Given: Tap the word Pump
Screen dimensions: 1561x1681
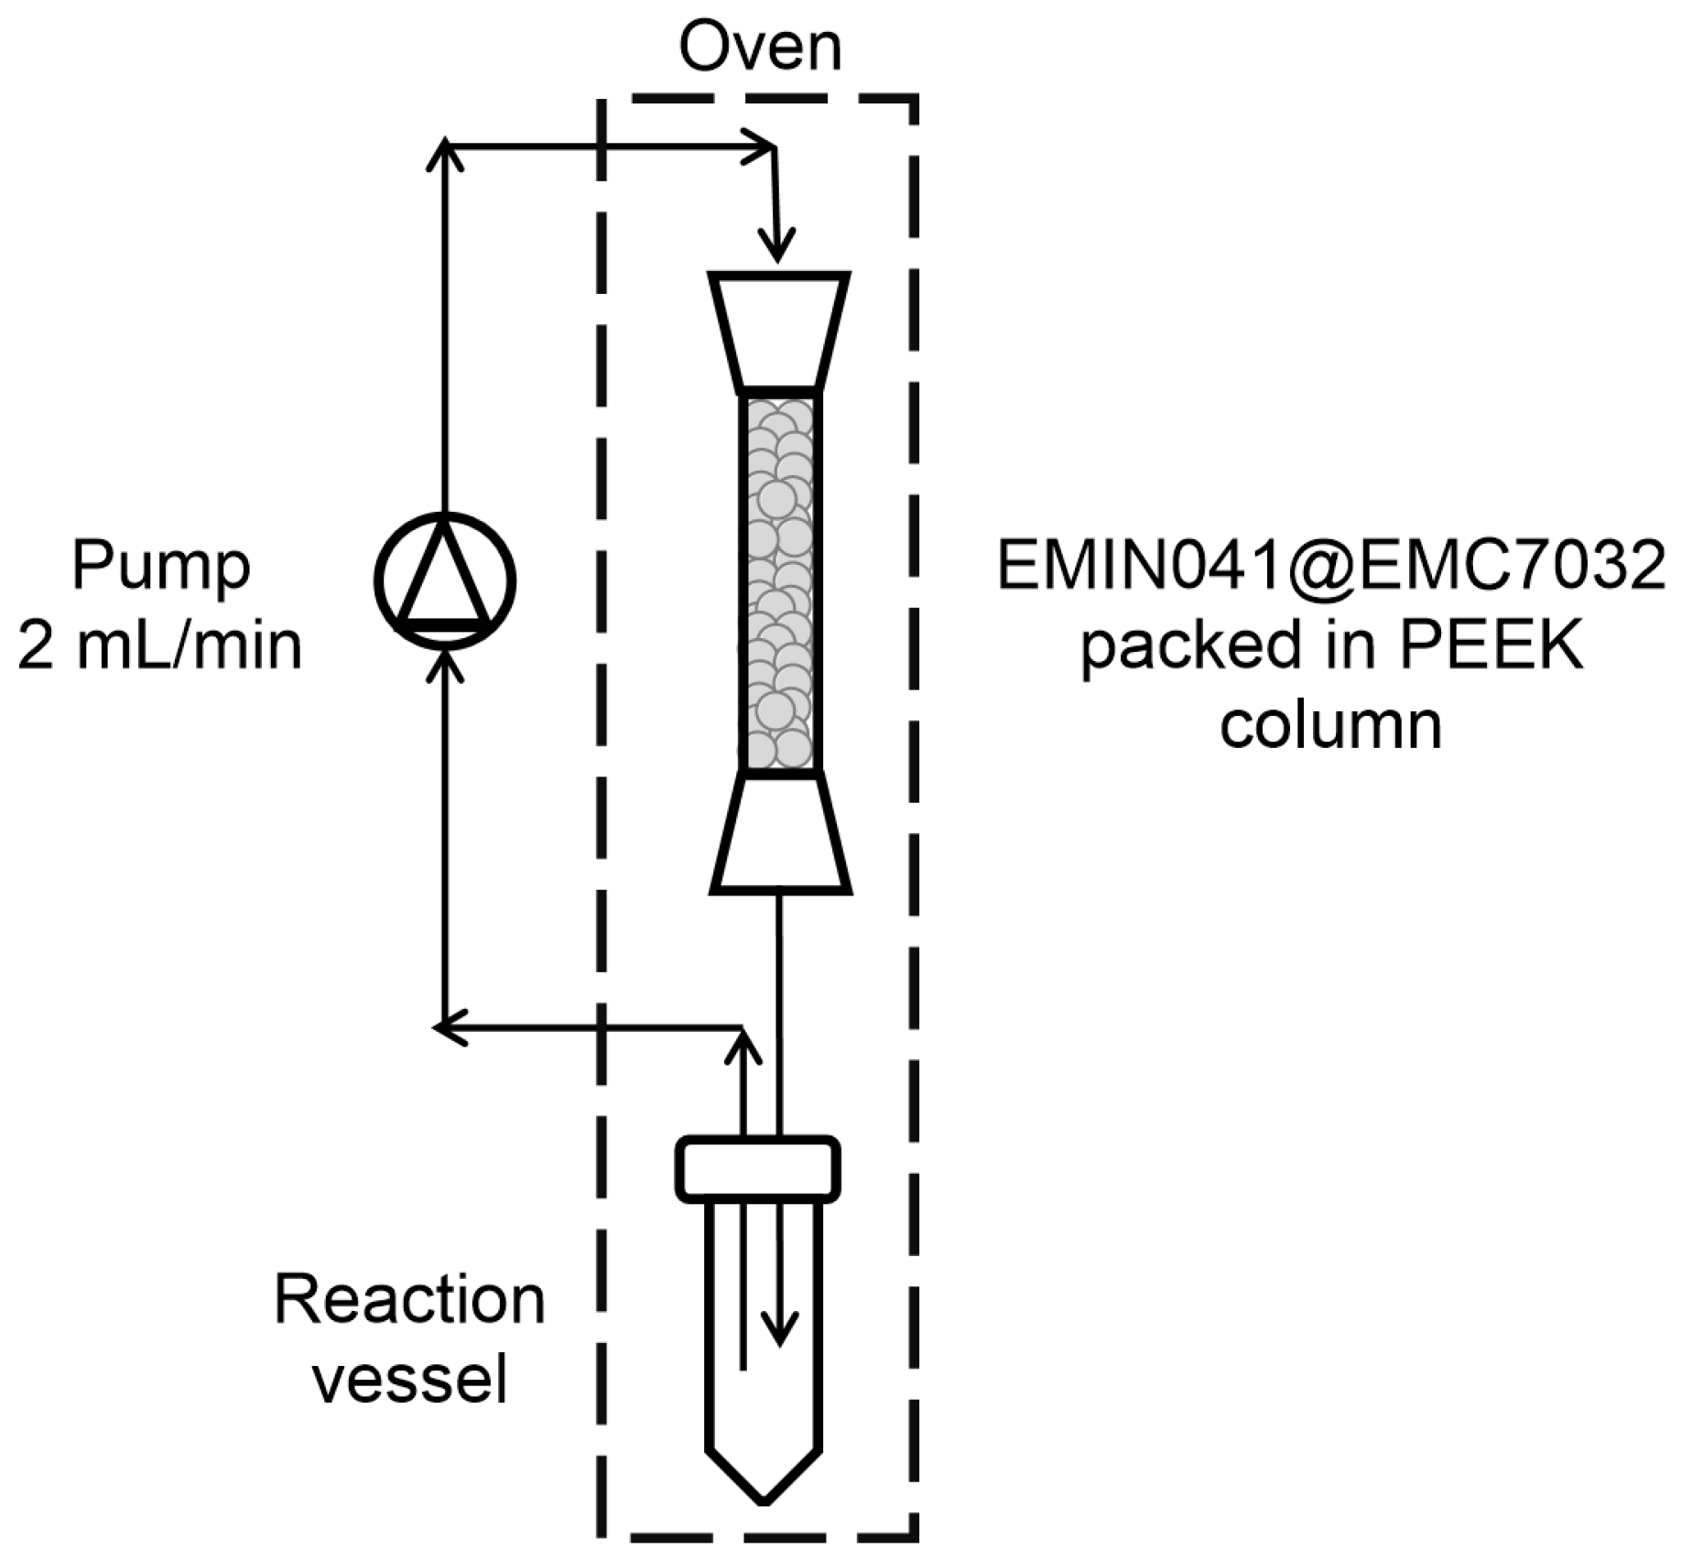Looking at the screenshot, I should [x=160, y=567].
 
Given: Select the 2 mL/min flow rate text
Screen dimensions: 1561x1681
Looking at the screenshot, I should [x=159, y=645].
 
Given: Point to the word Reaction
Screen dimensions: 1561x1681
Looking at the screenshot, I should [x=409, y=1300].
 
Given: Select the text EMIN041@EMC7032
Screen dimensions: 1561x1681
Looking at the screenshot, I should [x=1330, y=567].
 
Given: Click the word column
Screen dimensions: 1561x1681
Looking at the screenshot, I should [x=1330, y=725].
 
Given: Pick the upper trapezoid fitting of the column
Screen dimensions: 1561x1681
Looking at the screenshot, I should [x=779, y=330].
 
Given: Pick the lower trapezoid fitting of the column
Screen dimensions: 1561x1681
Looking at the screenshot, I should [x=780, y=833].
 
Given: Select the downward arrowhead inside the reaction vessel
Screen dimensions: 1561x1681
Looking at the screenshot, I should [x=779, y=1328].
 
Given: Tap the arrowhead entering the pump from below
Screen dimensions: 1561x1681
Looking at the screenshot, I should [x=444, y=664].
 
